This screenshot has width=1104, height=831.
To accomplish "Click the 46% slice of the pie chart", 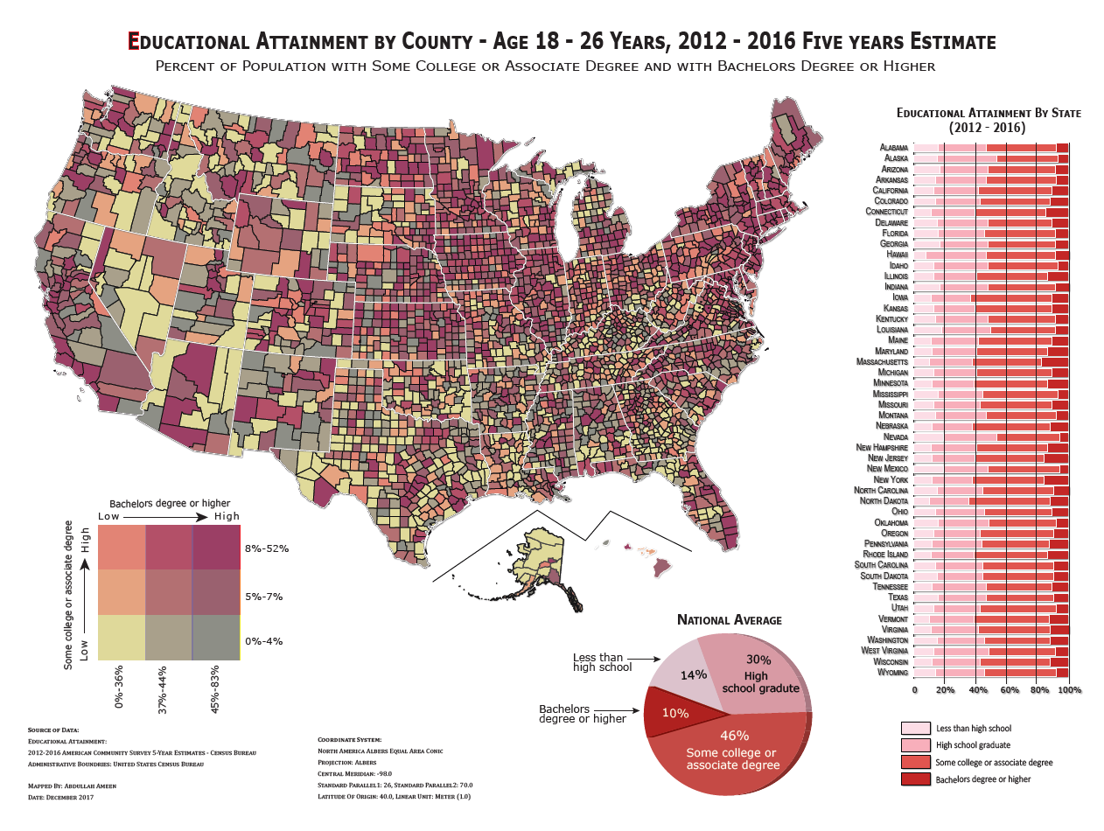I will click(x=730, y=749).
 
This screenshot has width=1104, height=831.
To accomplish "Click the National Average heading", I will click(x=729, y=619).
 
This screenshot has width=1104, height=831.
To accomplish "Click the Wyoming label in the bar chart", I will click(x=891, y=673).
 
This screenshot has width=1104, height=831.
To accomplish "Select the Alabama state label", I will click(x=893, y=148).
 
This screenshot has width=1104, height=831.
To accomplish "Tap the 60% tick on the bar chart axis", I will click(x=1008, y=691).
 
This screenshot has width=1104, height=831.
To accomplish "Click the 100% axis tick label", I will click(x=1069, y=691).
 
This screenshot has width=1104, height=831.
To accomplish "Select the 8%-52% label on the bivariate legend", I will click(x=267, y=548).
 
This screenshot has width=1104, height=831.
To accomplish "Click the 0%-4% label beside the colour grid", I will click(x=263, y=640).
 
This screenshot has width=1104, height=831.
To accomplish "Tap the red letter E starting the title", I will click(x=134, y=41).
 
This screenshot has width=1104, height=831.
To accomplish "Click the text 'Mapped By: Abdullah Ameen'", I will click(x=72, y=786).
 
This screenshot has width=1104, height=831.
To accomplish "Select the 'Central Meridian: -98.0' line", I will click(x=354, y=773).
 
